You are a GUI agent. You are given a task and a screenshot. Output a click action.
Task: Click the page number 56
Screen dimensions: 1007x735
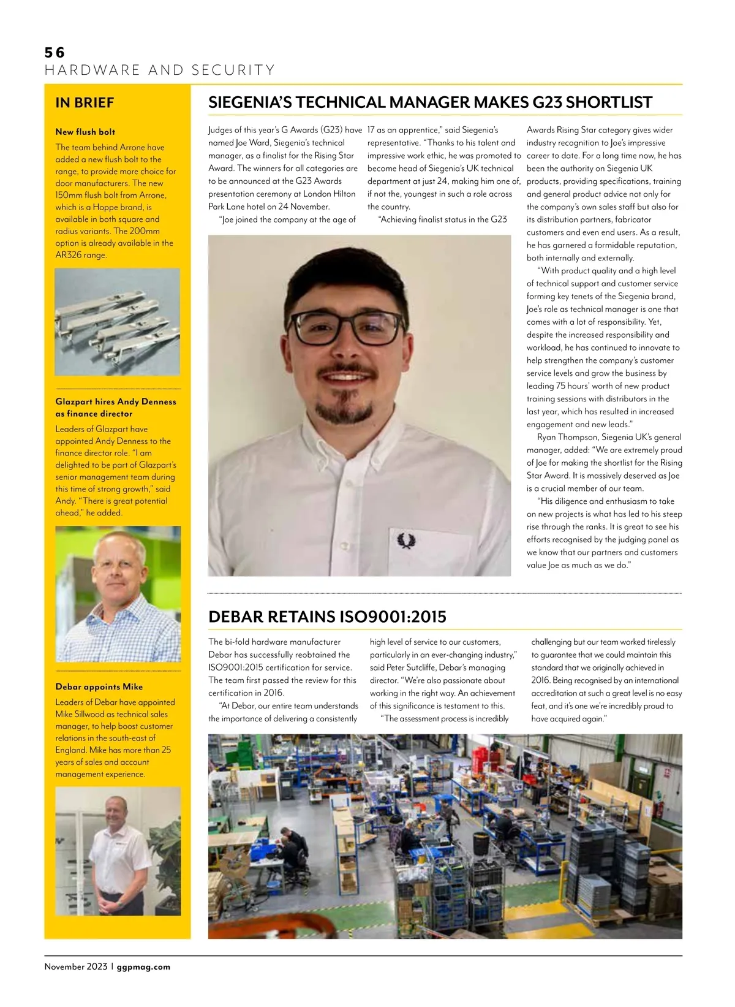pos(55,53)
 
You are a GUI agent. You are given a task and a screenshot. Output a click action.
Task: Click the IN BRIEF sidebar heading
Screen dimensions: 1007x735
pos(85,103)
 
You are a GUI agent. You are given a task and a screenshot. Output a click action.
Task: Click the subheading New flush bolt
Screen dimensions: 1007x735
pos(85,132)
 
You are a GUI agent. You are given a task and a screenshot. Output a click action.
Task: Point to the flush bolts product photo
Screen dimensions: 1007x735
pos(118,322)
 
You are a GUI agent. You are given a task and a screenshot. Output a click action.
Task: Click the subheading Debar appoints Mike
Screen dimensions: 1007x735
pos(99,687)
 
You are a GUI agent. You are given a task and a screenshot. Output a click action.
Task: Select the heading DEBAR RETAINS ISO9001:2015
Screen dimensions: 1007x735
pos(327,617)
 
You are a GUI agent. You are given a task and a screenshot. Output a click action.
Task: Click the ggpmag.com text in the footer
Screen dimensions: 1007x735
pos(143,967)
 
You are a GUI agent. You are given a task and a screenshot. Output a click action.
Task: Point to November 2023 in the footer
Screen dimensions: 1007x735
pos(75,967)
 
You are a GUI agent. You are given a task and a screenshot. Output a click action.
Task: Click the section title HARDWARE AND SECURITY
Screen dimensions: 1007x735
pos(160,70)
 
